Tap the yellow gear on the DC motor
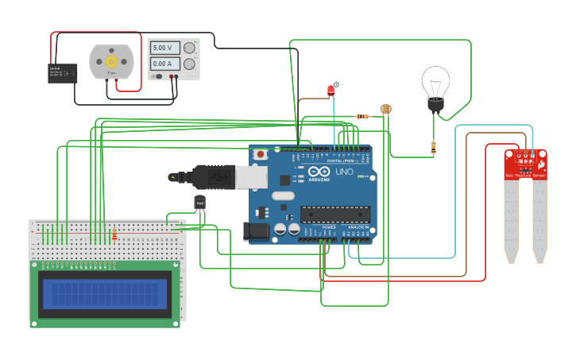(111, 61)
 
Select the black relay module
(63, 73)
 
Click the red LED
(331, 90)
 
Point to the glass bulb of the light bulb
(435, 82)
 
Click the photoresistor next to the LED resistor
(386, 108)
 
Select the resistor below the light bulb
(433, 146)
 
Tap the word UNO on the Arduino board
(344, 172)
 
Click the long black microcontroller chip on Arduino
(334, 214)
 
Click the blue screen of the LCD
(106, 294)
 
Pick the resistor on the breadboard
(114, 234)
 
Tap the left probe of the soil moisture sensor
(511, 223)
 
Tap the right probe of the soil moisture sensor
(539, 223)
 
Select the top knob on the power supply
(189, 48)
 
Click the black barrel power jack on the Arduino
(253, 231)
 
